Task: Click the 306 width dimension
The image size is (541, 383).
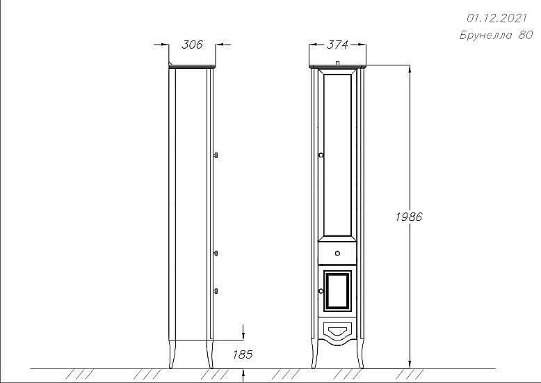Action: (192, 45)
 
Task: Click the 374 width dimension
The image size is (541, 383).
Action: (337, 45)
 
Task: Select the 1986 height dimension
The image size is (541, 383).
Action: (409, 217)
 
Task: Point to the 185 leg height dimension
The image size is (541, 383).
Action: (243, 354)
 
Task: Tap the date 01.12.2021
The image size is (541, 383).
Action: (496, 18)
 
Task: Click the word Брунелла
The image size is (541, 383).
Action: (486, 35)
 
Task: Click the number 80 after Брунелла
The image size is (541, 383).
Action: (526, 35)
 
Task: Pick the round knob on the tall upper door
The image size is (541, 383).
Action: (321, 155)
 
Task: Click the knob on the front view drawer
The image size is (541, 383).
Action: (337, 253)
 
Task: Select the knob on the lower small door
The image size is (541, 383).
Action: (321, 291)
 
